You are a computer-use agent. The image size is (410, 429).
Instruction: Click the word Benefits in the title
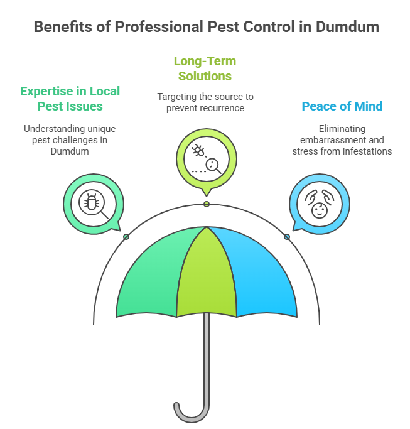coord(61,27)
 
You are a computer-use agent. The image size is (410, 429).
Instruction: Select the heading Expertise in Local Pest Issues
coord(70,98)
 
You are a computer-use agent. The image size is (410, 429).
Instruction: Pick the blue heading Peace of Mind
coord(342,106)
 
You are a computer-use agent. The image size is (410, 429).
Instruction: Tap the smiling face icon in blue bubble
coord(319,205)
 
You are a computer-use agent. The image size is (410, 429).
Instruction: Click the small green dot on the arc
coord(127,236)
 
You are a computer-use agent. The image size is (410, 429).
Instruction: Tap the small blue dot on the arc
coord(287,237)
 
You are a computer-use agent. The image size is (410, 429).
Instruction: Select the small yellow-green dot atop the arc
coord(207,204)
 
